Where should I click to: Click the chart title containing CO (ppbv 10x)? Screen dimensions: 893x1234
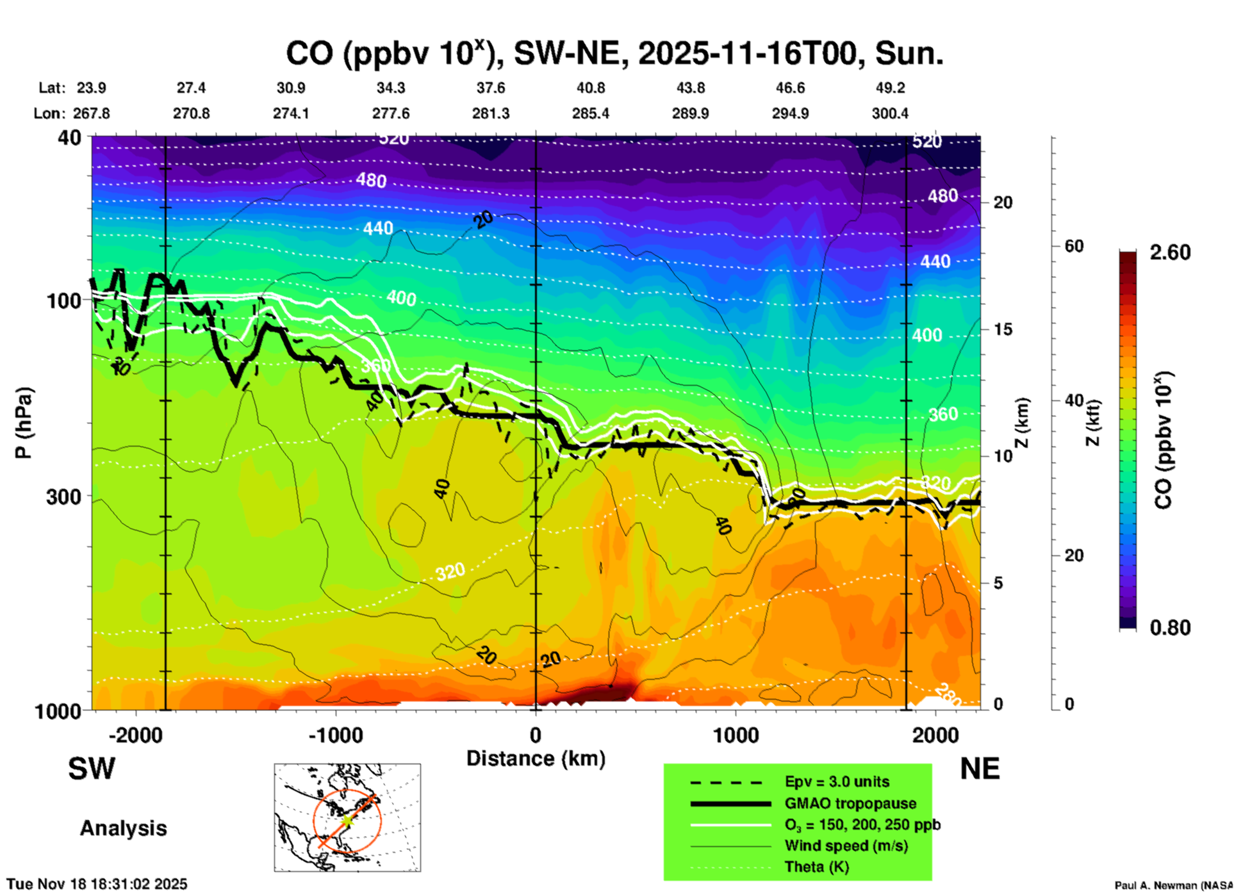point(614,53)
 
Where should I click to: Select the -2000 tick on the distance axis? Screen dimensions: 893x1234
point(135,735)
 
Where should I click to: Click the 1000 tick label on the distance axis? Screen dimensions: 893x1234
point(736,735)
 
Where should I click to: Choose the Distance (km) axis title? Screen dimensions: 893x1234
point(536,758)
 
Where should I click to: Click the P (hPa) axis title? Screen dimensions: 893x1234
point(24,423)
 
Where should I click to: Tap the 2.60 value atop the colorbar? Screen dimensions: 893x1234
point(1170,252)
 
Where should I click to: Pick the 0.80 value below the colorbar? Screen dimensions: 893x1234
point(1170,627)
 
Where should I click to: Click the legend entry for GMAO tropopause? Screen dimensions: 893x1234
point(850,803)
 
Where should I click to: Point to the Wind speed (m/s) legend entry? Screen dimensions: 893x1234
point(846,846)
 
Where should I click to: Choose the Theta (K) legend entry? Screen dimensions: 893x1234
point(816,867)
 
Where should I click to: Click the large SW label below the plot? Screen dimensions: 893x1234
point(92,769)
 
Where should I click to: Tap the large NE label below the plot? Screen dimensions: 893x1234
point(980,769)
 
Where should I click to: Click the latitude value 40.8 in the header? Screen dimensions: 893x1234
point(590,88)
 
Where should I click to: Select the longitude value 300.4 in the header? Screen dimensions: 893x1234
point(890,113)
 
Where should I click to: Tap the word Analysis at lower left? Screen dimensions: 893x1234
point(123,828)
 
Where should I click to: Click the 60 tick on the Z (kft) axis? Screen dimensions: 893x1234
point(1074,246)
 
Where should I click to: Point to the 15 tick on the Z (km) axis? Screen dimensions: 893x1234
point(1003,329)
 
